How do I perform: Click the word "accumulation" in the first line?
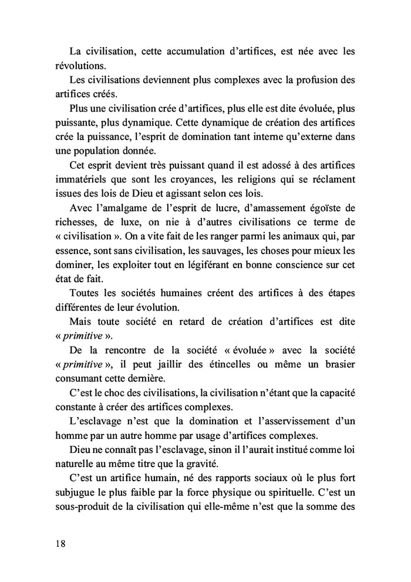pyautogui.click(x=194, y=51)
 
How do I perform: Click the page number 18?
pyautogui.click(x=61, y=543)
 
